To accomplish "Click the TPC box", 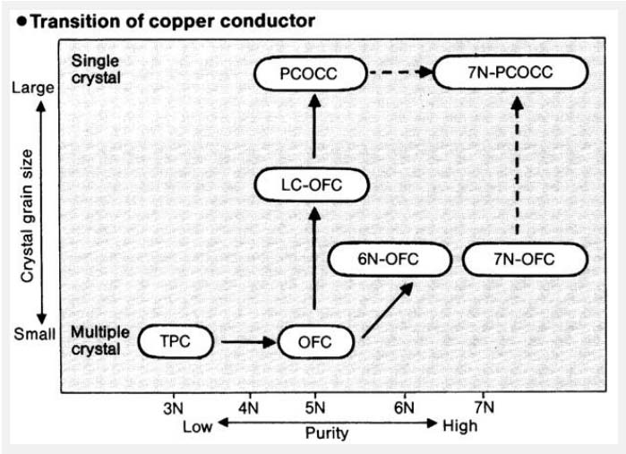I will click(x=176, y=341).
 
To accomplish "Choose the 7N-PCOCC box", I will click(x=506, y=73).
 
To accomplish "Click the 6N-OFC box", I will click(x=387, y=260).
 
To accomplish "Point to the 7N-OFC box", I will click(x=525, y=260).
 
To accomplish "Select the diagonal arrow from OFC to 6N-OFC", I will click(x=387, y=310).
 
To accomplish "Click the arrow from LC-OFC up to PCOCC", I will click(x=313, y=129).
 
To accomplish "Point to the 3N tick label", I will click(x=174, y=407).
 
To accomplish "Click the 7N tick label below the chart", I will click(x=485, y=407).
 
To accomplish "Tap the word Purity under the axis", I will click(x=325, y=432).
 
